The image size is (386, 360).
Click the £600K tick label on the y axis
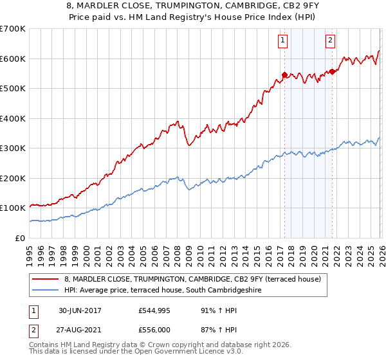[x=12, y=59]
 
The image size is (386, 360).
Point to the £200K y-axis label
[x=12, y=178]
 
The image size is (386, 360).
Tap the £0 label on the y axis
[x=21, y=238]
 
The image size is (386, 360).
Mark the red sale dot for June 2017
[x=284, y=75]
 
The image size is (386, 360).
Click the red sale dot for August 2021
[x=332, y=71]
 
